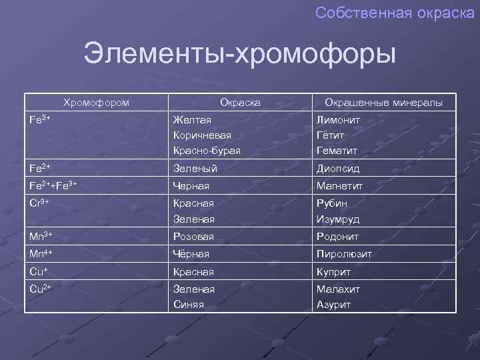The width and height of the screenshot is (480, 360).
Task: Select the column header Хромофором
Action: (x=96, y=102)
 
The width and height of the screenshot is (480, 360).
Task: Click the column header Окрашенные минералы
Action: (x=383, y=102)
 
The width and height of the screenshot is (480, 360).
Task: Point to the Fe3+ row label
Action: (x=41, y=119)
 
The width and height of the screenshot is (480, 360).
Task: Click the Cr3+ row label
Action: (x=41, y=203)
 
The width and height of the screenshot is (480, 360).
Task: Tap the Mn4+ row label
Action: (x=42, y=254)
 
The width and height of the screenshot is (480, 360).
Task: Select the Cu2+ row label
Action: (x=41, y=288)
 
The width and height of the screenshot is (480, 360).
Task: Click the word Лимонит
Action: (x=338, y=119)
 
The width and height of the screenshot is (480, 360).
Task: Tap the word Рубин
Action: (x=332, y=203)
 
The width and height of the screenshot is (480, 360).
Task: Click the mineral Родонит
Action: (x=337, y=237)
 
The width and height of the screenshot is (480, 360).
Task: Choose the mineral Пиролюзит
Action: (x=344, y=254)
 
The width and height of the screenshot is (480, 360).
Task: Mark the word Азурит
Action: (x=333, y=305)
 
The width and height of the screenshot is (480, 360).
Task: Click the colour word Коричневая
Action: (x=202, y=135)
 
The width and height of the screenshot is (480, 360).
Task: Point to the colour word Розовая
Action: (x=193, y=237)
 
